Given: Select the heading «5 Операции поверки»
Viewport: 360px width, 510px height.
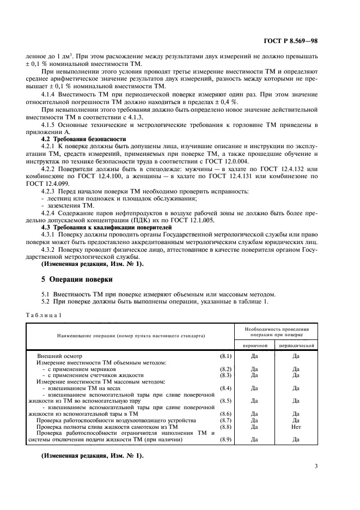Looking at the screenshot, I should pyautogui.click(x=77, y=280).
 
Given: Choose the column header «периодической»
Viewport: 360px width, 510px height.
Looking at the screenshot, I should pyautogui.click(x=296, y=345).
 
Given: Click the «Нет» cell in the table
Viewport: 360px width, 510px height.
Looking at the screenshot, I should pyautogui.click(x=296, y=427).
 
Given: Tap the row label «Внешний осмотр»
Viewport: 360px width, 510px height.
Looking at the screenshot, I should pyautogui.click(x=63, y=356).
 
